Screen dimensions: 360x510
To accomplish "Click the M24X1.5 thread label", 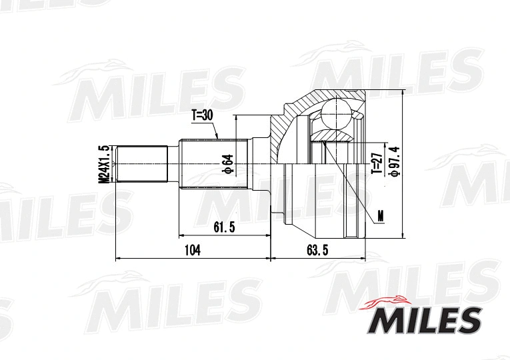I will click(x=103, y=164).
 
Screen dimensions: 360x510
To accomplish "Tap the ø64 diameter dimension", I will click(x=227, y=164).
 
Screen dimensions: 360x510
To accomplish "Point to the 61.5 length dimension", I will click(x=224, y=227).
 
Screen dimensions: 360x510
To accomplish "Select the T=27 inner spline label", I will click(x=377, y=163).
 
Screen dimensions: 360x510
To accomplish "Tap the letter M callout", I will click(x=380, y=215).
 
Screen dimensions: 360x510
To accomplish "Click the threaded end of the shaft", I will click(x=141, y=164).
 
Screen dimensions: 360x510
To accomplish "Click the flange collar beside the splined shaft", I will click(x=259, y=164).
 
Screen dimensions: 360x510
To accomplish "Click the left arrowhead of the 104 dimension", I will click(x=118, y=257).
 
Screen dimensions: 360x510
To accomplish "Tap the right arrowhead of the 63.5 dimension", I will click(x=363, y=257).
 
